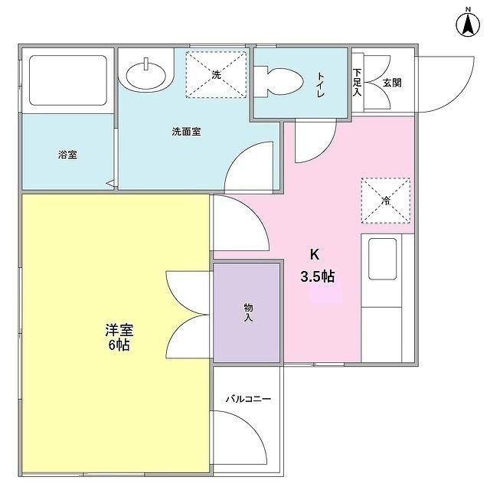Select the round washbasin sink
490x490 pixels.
[145, 76]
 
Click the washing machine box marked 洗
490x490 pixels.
[217, 75]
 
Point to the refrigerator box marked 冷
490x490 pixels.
[386, 201]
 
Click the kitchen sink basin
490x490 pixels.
[383, 259]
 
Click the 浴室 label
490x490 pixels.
[67, 154]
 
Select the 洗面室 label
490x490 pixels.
[185, 131]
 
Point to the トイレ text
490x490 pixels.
[321, 84]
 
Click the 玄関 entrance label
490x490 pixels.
[391, 83]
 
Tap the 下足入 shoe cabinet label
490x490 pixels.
[357, 83]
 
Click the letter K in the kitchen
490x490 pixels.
[314, 255]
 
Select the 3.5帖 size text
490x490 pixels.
[317, 277]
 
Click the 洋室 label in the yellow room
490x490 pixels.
[119, 331]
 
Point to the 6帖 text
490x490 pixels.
[119, 345]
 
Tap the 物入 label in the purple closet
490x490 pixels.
[248, 312]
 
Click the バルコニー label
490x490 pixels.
[247, 399]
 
